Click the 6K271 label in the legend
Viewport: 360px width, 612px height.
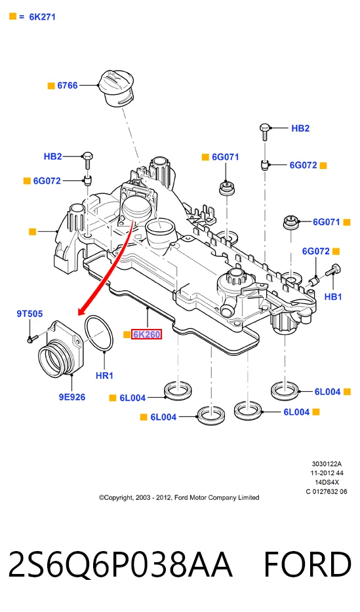coord(42,17)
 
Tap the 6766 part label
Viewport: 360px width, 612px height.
coord(68,85)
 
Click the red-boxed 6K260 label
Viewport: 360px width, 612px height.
coord(146,334)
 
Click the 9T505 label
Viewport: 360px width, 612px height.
coord(30,313)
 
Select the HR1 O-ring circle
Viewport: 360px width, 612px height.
coord(99,334)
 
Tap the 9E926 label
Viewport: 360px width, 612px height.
coord(72,397)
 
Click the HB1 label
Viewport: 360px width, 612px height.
coord(333,297)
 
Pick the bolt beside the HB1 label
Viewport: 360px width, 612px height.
coord(334,270)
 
